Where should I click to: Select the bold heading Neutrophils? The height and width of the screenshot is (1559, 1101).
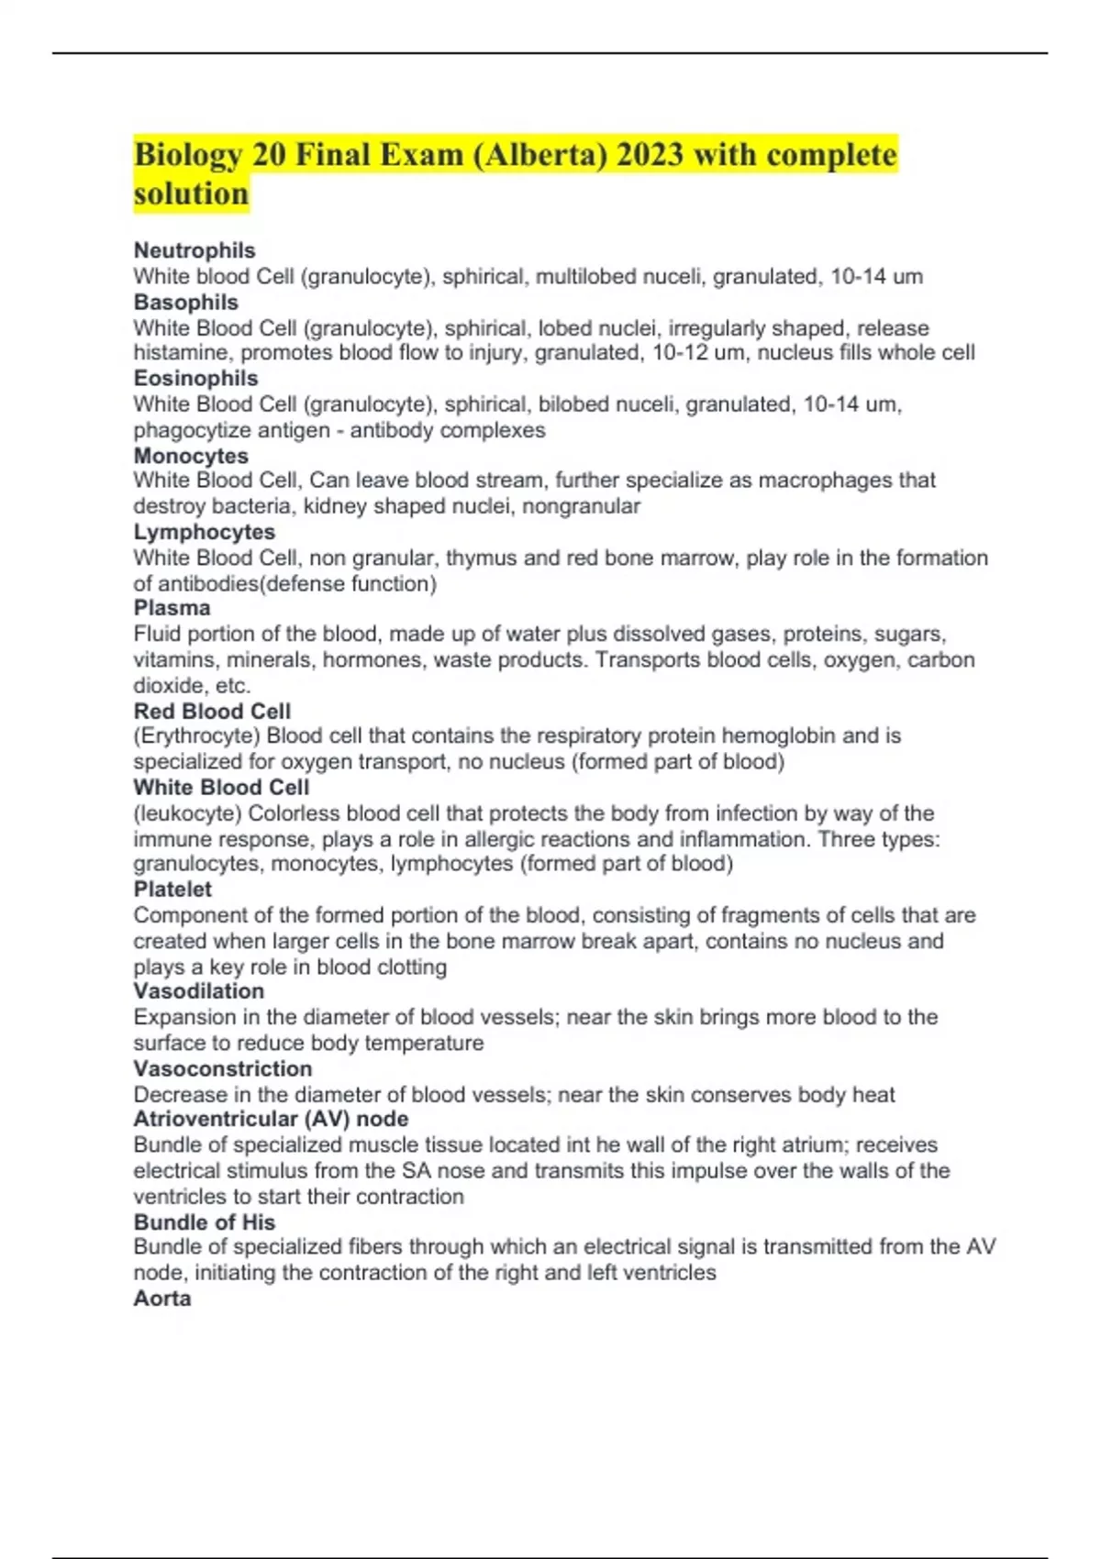pos(195,250)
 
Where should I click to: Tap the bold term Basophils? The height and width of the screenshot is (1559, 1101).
pos(186,303)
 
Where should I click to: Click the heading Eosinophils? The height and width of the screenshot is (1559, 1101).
pos(196,378)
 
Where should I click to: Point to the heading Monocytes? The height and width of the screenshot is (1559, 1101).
pos(191,456)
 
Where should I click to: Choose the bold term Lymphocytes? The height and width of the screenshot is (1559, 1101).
pos(205,532)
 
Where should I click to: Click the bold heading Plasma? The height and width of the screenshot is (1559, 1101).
pos(172,608)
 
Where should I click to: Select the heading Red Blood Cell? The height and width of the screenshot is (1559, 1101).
pos(212,711)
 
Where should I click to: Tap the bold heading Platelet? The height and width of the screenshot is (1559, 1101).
pos(172,889)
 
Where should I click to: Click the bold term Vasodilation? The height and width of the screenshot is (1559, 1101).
pos(199,991)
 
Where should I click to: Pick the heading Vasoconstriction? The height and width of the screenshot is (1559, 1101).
pos(223,1068)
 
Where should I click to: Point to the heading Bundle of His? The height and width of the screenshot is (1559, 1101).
pos(205,1222)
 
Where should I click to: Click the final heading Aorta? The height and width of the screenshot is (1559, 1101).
pos(162,1299)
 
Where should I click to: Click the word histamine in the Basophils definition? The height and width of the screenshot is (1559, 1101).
pos(183,353)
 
